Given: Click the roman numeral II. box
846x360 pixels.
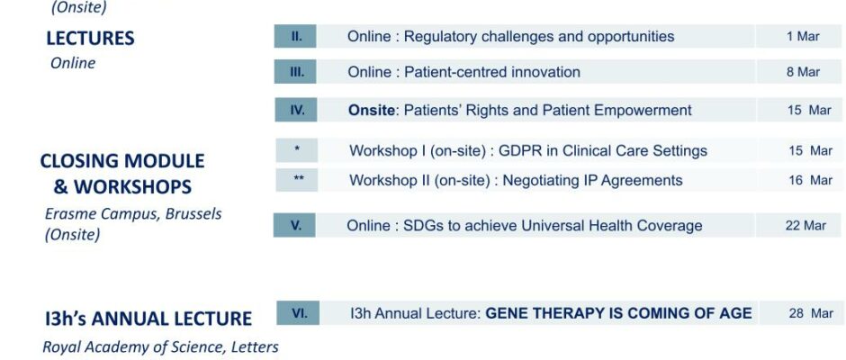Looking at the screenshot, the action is point(295,36).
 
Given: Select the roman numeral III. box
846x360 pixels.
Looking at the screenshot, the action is point(295,72).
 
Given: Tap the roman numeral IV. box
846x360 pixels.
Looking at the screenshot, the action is point(296,110).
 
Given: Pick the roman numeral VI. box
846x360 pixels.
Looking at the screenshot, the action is point(298,313).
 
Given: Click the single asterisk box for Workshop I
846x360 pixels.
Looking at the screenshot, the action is point(297,150).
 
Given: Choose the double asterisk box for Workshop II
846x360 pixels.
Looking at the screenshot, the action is point(297,180).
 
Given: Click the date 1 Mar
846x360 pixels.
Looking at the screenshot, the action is point(803,37).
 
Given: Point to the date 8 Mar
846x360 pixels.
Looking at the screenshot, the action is point(803,72).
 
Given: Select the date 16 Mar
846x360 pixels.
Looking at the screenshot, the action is point(810,180).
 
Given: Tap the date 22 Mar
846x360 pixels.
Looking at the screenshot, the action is point(805,226).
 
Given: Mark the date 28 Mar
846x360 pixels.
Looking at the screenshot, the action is point(811,313).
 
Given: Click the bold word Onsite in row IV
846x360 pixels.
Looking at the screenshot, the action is point(372,110).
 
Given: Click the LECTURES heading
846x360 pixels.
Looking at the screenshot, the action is point(90,39).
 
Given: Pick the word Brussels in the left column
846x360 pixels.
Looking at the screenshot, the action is point(193,213).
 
